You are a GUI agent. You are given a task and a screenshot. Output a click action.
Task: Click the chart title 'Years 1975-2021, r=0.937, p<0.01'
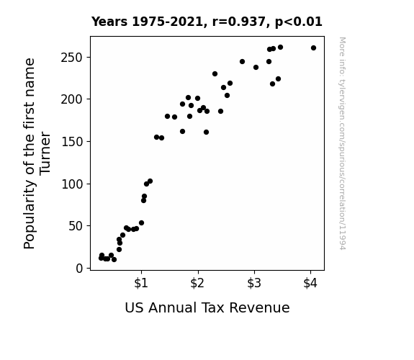[x=207, y=22]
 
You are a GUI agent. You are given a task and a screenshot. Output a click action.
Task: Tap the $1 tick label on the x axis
[x=141, y=283]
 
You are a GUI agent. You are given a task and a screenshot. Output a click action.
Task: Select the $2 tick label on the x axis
[x=197, y=283]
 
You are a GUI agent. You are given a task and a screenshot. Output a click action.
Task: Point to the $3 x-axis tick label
[x=254, y=283]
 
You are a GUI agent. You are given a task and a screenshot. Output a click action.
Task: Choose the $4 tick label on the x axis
[x=310, y=283]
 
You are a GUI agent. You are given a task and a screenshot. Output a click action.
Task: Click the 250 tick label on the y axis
[x=72, y=58]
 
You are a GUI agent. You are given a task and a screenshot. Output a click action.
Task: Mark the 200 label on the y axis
[x=72, y=99]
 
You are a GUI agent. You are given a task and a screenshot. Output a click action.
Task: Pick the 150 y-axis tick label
[x=72, y=142]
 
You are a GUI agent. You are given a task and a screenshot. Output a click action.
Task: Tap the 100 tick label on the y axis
[x=72, y=184]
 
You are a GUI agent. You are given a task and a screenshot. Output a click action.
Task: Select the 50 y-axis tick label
[x=76, y=226]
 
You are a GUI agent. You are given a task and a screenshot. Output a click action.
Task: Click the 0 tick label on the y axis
[x=79, y=269]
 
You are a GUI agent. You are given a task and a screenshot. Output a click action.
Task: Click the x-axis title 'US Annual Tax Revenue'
[x=207, y=307]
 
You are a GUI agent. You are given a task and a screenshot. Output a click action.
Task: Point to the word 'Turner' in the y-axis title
[x=45, y=153]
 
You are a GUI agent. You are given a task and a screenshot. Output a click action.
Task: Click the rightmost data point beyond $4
[x=313, y=48]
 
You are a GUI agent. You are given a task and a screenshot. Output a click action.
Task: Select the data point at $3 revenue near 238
[x=256, y=68]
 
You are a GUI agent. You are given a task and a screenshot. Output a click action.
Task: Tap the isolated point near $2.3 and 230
[x=215, y=74]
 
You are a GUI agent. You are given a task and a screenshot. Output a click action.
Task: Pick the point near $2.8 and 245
[x=242, y=61]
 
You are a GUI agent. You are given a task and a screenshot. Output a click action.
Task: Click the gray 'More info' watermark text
[x=342, y=143]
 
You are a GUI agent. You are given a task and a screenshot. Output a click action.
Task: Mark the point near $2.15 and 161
[x=206, y=132]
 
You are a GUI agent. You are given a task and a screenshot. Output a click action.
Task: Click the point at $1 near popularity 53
[x=142, y=223]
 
